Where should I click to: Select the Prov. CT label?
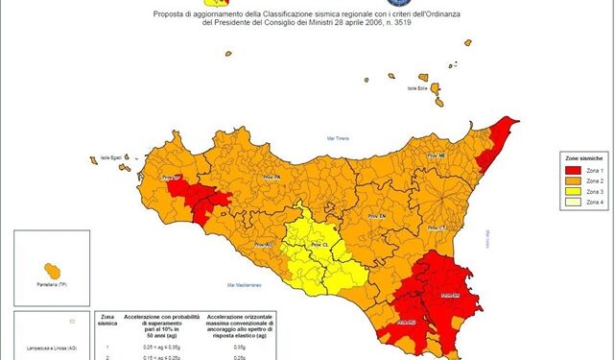(439, 228)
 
